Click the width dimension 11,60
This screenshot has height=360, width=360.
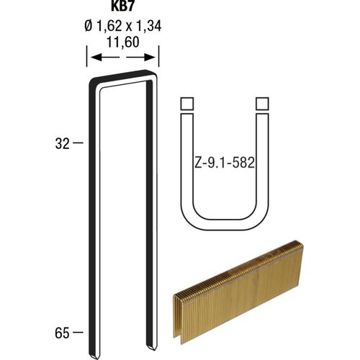click(122, 42)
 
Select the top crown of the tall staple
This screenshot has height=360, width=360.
click(122, 74)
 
